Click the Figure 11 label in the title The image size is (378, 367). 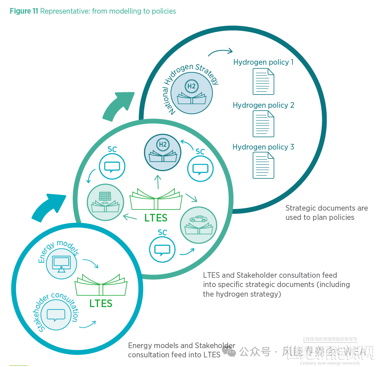24,11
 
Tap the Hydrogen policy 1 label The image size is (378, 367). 263,62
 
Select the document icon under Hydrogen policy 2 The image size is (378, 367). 264,124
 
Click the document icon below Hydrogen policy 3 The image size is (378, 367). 264,165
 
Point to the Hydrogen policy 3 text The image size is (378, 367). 263,147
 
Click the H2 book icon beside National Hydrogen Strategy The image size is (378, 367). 192,93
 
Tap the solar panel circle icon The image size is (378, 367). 105,202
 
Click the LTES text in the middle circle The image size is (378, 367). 156,218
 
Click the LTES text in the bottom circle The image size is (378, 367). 101,303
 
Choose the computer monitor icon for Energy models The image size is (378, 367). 61,263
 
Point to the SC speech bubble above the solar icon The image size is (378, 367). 112,166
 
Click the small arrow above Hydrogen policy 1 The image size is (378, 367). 220,52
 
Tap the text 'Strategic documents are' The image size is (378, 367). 327,208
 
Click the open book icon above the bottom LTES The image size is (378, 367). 101,285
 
